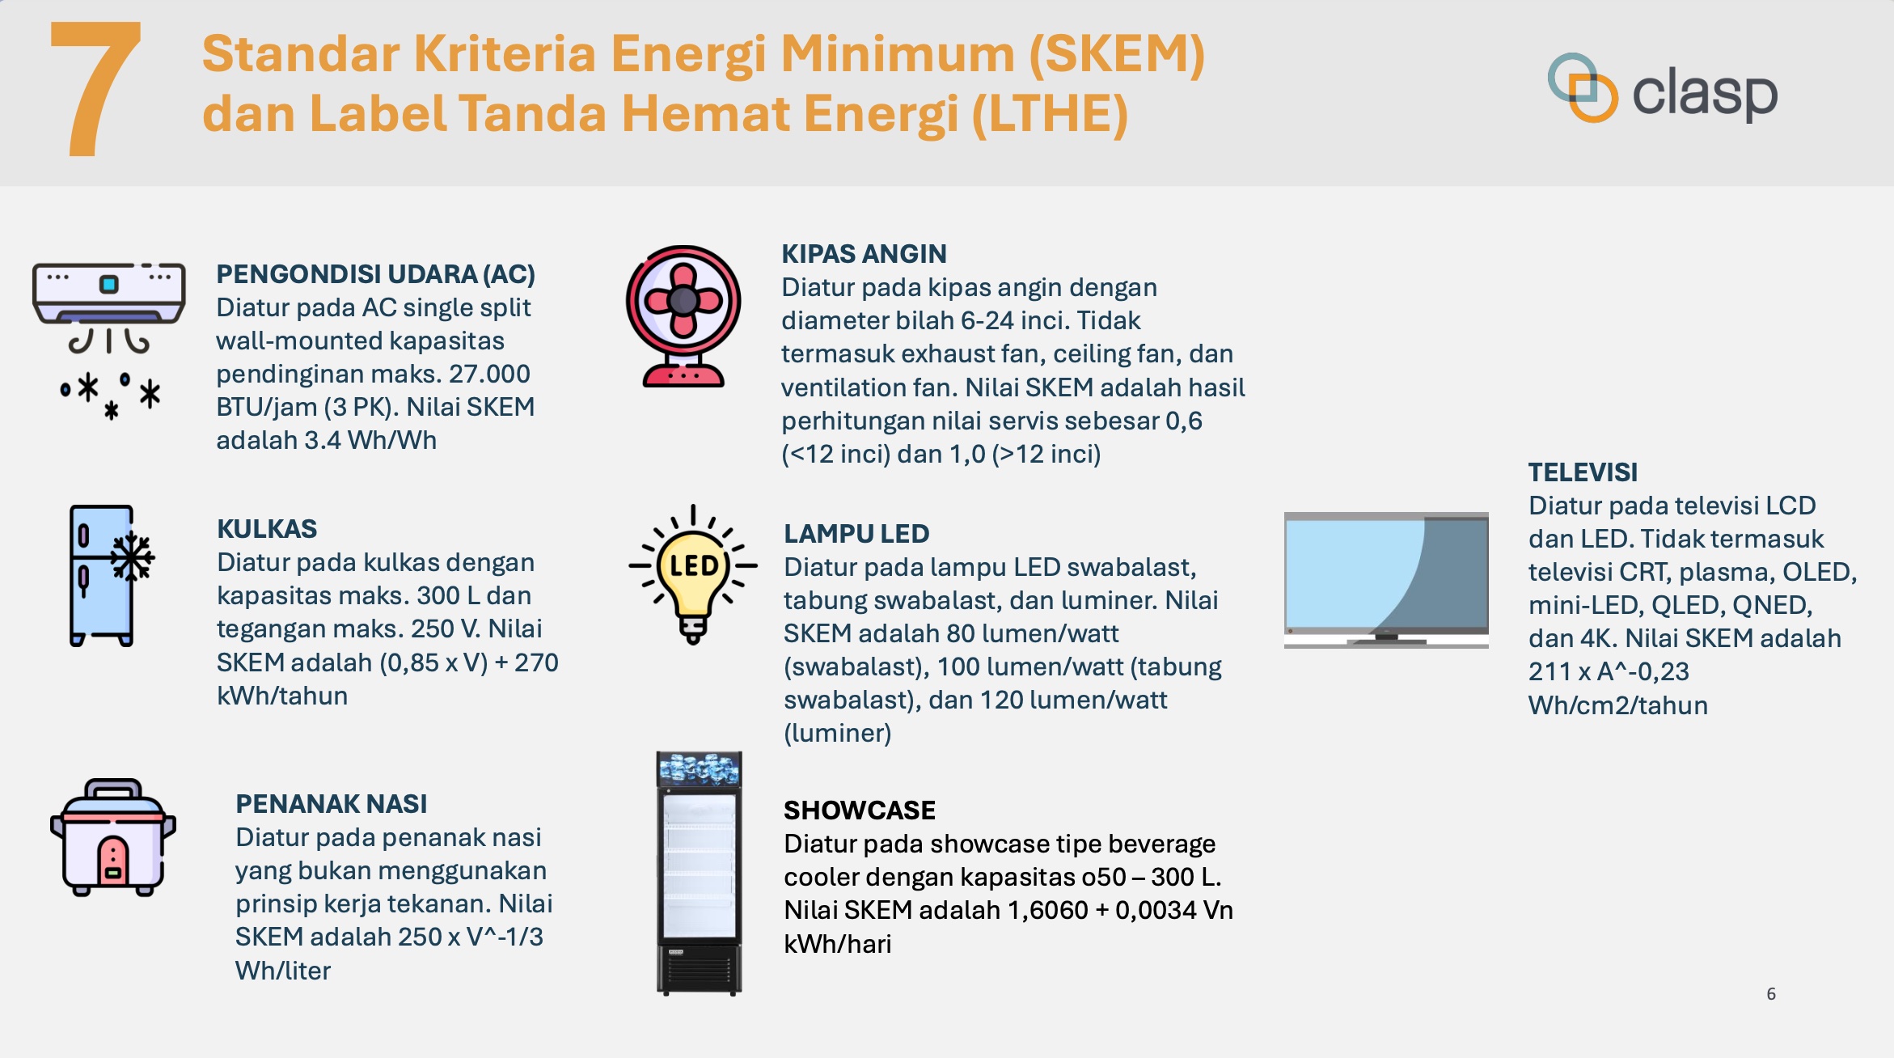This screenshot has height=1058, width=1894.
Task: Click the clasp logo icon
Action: click(1582, 87)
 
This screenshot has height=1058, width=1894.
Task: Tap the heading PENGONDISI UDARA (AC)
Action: click(375, 274)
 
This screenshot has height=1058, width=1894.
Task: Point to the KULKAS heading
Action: click(267, 529)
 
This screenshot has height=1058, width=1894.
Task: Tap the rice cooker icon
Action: click(113, 837)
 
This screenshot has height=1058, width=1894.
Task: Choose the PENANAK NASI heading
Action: click(331, 804)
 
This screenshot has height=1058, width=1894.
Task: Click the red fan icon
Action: click(683, 316)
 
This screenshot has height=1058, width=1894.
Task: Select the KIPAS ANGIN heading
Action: click(864, 254)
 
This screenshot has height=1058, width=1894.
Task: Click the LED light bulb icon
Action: click(693, 574)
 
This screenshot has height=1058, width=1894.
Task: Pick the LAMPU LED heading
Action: click(856, 534)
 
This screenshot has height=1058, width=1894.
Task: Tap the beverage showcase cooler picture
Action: click(699, 874)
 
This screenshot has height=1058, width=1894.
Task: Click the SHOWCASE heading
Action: click(860, 810)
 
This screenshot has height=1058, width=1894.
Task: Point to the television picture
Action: click(1386, 580)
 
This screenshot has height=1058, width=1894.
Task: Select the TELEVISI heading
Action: click(1583, 472)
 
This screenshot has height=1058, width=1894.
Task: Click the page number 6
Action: click(1771, 994)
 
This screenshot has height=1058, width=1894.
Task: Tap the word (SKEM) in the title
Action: click(1117, 55)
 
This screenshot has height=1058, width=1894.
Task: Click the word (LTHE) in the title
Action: click(1050, 114)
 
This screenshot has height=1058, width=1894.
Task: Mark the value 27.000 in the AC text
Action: click(489, 374)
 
